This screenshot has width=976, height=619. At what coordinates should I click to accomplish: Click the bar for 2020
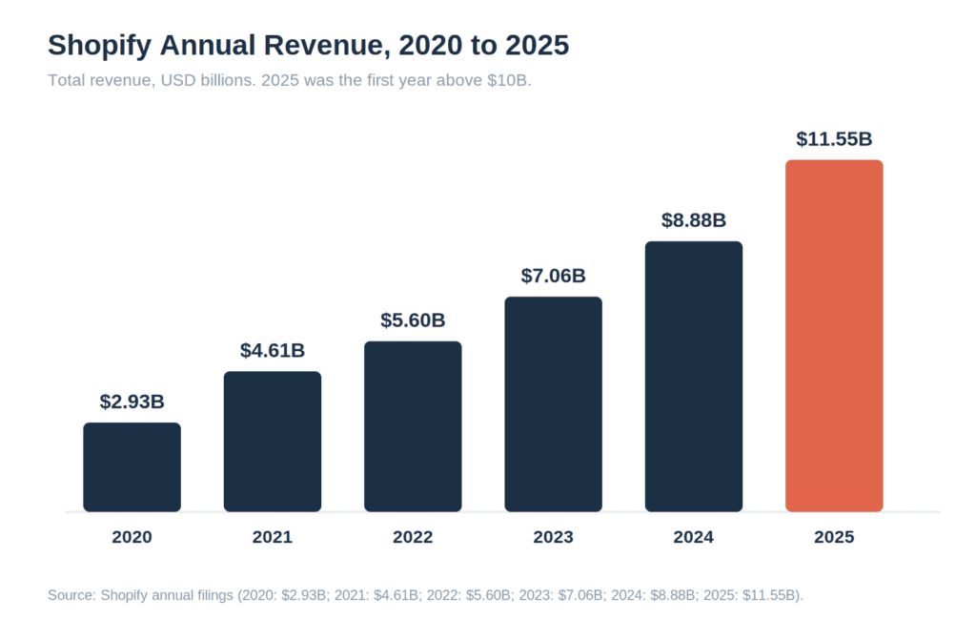(132, 467)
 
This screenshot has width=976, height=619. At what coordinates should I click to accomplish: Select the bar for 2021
(273, 442)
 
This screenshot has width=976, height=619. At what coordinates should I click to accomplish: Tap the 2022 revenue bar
(413, 426)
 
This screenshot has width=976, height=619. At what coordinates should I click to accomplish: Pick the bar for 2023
(554, 404)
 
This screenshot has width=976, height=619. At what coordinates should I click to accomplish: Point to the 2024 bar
(694, 377)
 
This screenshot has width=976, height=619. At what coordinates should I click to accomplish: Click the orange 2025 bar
(834, 336)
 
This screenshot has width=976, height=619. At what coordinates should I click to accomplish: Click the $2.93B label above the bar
(132, 402)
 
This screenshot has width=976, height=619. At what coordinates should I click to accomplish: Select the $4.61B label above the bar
(273, 351)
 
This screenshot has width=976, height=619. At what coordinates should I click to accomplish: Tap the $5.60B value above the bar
(413, 320)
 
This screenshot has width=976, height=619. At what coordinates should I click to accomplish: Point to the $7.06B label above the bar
(554, 276)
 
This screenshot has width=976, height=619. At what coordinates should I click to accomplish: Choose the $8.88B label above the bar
(694, 220)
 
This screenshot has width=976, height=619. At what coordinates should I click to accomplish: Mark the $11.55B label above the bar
(834, 139)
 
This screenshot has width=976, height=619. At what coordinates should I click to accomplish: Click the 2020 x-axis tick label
(132, 537)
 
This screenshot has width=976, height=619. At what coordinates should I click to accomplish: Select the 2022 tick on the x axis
(413, 537)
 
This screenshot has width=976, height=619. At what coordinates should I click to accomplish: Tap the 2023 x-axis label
(554, 537)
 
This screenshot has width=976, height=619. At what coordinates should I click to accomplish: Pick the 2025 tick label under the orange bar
(834, 537)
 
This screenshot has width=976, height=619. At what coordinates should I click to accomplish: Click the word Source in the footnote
(71, 595)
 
